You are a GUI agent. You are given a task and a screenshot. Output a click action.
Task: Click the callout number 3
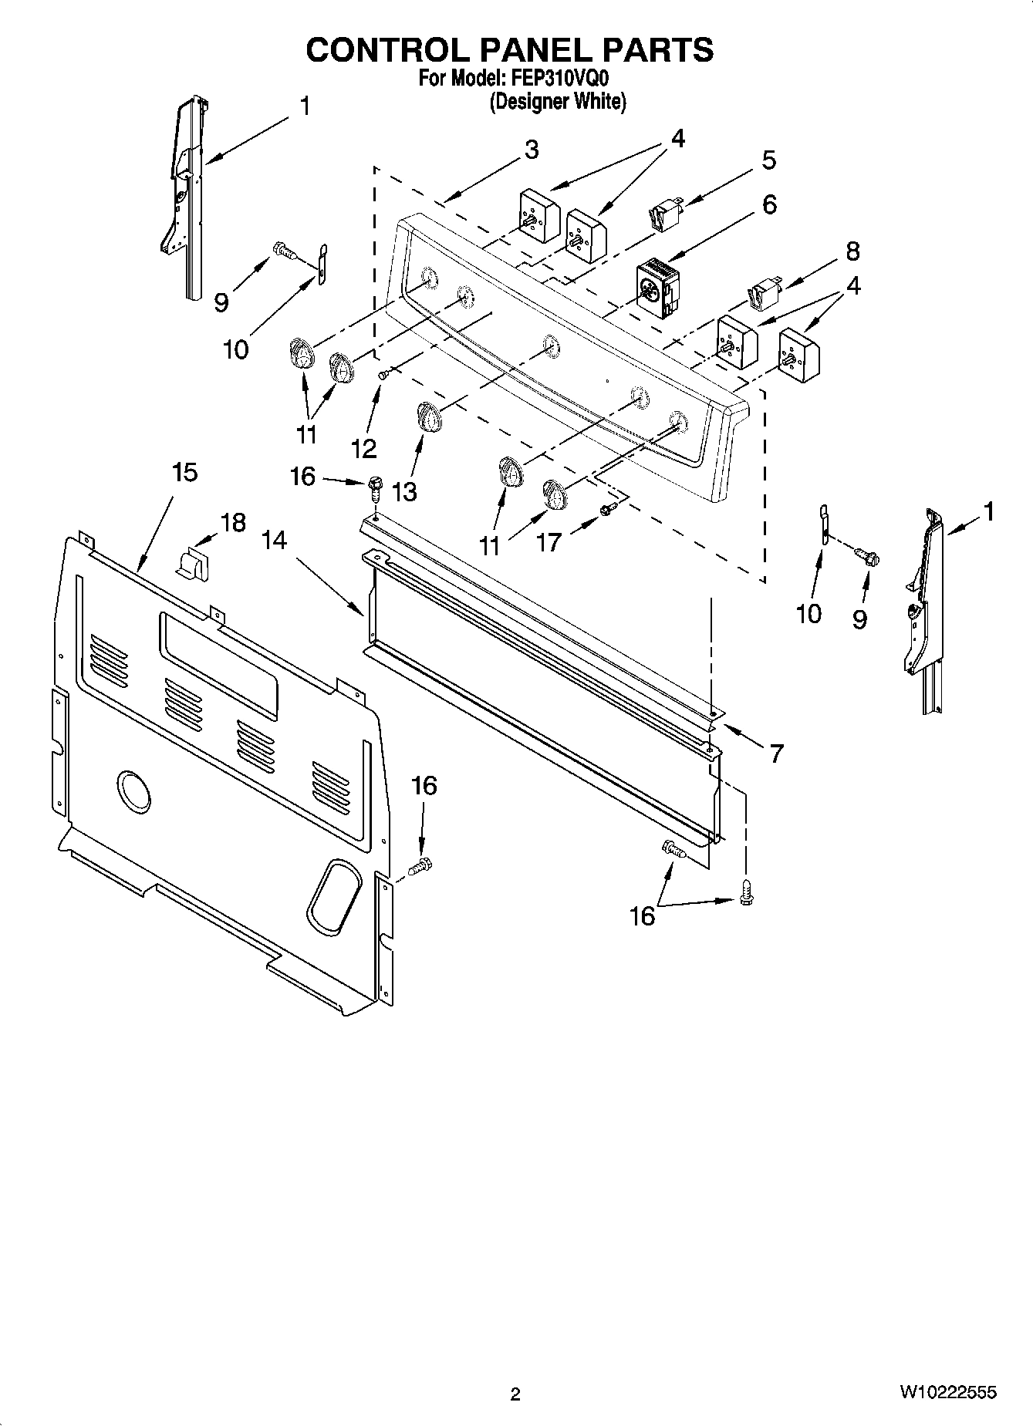(531, 150)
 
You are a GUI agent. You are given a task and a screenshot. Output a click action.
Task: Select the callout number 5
(768, 160)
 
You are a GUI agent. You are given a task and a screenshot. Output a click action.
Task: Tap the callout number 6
(768, 204)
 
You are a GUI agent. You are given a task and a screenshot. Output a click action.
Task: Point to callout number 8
(852, 251)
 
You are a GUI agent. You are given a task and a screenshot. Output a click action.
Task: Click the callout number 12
(363, 447)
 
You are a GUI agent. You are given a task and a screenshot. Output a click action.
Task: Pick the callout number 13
(403, 491)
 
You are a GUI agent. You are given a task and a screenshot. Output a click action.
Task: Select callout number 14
(274, 541)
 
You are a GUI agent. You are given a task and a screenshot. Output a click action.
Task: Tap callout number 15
(184, 472)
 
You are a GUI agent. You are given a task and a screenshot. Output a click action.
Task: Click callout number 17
(549, 542)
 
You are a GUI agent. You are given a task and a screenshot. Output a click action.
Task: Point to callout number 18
(232, 522)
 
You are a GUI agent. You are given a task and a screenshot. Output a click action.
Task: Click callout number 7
(776, 752)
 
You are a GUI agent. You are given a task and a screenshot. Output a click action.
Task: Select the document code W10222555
(947, 1392)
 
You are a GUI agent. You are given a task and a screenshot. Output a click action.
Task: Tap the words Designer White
(557, 101)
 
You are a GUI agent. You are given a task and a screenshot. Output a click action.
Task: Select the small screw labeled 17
(607, 508)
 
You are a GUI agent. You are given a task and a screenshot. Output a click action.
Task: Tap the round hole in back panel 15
(134, 791)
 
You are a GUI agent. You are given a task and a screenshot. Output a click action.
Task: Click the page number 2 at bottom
(515, 1394)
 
